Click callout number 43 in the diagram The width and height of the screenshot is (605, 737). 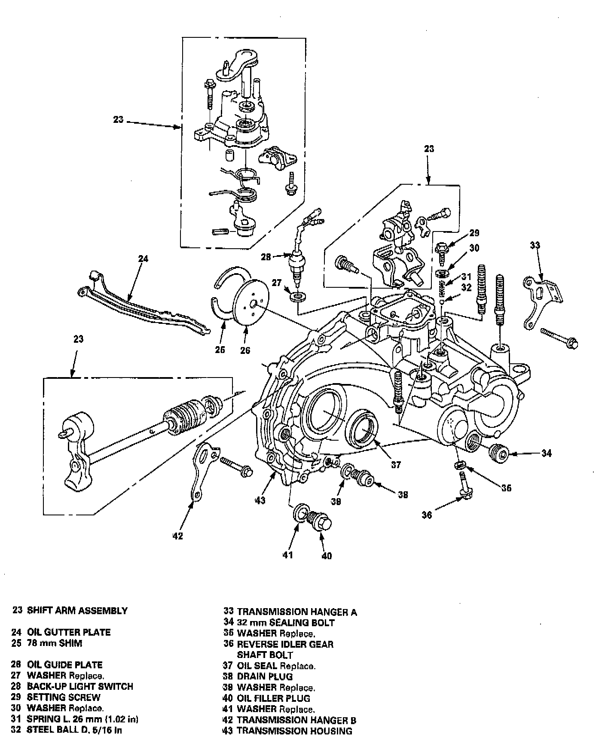260,500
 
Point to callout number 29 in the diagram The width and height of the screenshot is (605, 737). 474,233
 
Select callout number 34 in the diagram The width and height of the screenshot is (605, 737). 546,453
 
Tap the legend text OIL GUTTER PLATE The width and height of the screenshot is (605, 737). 69,632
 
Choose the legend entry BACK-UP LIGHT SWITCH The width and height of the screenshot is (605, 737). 80,686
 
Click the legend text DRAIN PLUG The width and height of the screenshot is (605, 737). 265,676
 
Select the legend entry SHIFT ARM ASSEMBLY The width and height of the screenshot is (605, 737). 77,610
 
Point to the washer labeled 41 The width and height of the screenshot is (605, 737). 299,512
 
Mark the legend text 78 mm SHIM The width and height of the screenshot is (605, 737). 54,643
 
